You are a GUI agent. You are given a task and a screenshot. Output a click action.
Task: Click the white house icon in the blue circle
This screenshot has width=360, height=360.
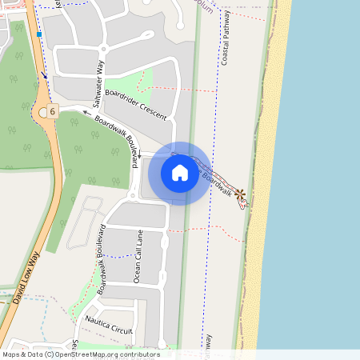tap(180, 173)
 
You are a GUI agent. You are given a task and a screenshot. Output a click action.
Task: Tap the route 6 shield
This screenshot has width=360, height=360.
tap(52, 110)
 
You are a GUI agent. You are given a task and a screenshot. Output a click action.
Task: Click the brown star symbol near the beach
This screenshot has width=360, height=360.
tap(239, 193)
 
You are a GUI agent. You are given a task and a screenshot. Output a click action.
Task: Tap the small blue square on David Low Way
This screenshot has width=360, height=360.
tap(38, 34)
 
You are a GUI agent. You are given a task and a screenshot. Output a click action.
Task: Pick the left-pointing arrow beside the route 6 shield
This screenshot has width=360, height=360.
tap(86, 114)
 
